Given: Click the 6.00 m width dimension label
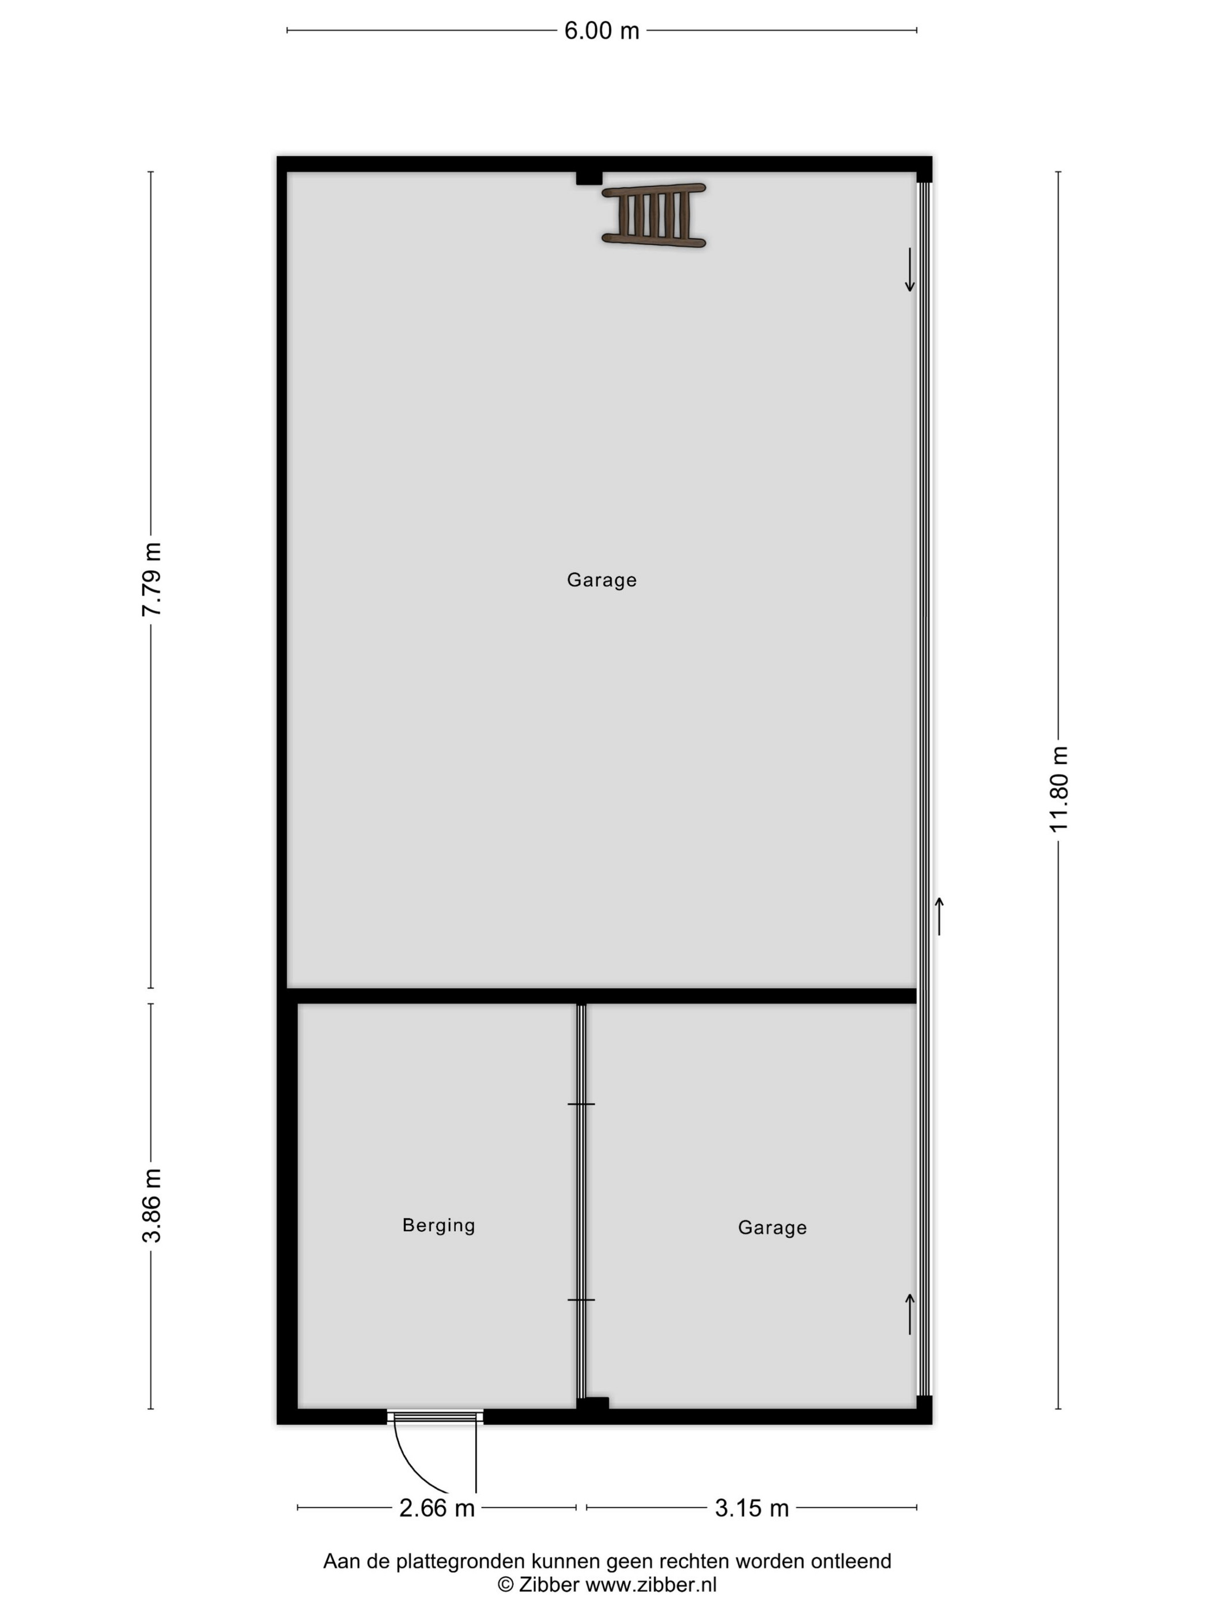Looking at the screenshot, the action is coord(601,31).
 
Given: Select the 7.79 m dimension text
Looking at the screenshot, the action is coord(152,579).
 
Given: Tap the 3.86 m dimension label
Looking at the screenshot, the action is coord(152,1205).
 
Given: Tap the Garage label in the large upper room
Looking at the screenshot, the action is coord(602,580).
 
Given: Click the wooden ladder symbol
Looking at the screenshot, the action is coord(653,215).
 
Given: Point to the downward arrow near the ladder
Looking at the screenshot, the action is coord(909,270).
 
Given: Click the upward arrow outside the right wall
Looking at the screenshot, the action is coord(939,916).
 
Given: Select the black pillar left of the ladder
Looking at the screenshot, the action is coord(589,178).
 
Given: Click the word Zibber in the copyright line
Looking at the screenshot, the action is coord(549,1584).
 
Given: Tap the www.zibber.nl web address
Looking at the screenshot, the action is coord(651,1584).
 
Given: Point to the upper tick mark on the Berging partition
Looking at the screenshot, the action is coord(581,1104).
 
